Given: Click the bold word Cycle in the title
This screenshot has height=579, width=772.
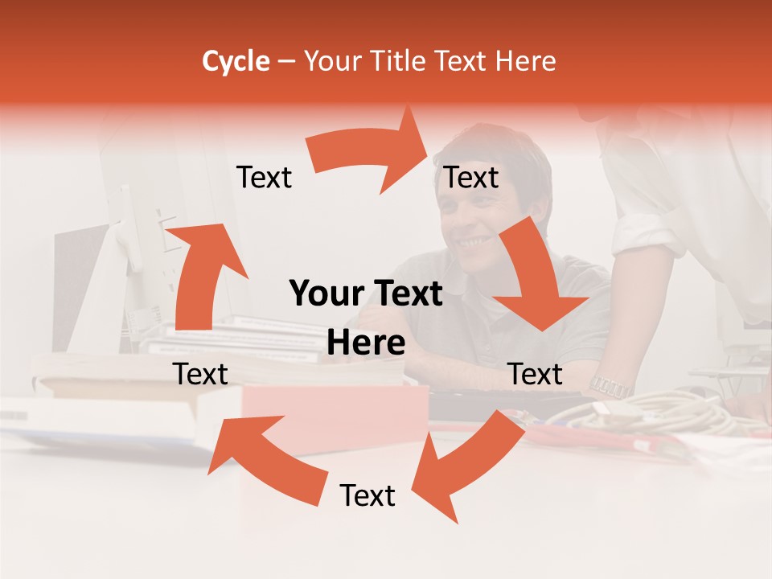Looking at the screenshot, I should click(236, 61).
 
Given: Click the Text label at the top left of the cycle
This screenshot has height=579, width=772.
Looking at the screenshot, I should click(264, 178).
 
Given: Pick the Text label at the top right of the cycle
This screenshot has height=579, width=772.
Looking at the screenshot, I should click(472, 178).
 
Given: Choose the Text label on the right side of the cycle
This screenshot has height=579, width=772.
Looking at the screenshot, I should click(535, 374).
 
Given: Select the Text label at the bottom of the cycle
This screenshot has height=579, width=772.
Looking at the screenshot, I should click(368, 496).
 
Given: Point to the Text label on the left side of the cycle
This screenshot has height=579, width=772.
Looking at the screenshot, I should click(200, 374).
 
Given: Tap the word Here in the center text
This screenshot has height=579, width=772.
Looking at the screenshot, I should click(366, 343).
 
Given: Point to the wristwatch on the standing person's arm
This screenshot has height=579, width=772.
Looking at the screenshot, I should click(610, 386).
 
